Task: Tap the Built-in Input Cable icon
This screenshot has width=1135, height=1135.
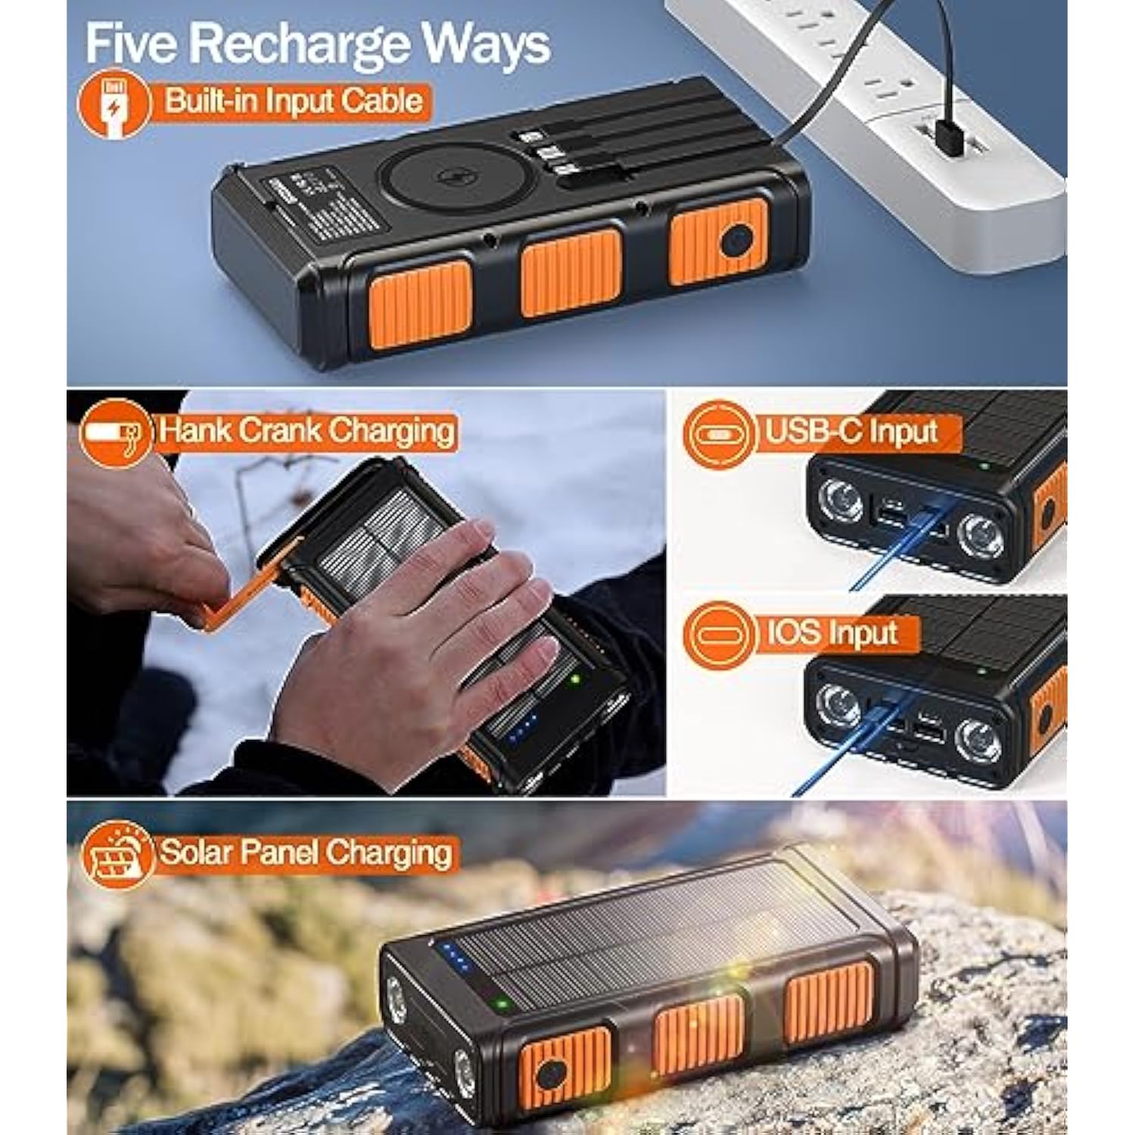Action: point(115,104)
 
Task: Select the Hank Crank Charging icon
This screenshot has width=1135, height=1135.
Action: point(115,432)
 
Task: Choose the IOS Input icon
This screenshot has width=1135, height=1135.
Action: point(718,635)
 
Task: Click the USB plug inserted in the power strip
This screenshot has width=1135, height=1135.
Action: point(947,136)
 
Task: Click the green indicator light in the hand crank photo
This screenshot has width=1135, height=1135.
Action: point(575,679)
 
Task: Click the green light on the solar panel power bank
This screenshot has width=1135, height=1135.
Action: point(499,1005)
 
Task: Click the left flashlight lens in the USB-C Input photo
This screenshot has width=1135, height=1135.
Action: point(840,501)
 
